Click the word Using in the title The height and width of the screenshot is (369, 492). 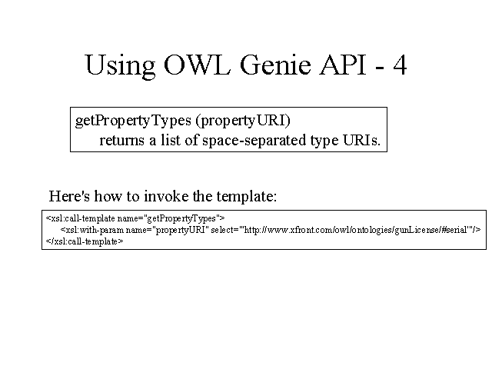(x=120, y=65)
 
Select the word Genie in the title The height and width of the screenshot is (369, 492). (x=275, y=64)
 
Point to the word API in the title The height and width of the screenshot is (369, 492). (x=343, y=64)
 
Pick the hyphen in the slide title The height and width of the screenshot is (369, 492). (x=379, y=67)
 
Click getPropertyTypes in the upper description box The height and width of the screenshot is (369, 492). (x=133, y=121)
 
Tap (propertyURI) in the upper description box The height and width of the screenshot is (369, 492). (x=243, y=121)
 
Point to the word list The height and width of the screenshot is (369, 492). (x=171, y=140)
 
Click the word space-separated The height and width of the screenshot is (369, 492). (x=254, y=141)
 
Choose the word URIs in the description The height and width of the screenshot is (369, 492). (x=361, y=140)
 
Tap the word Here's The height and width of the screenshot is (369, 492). (x=69, y=196)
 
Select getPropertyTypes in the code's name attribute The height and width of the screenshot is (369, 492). (x=181, y=218)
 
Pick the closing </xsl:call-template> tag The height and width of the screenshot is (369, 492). (x=85, y=241)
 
